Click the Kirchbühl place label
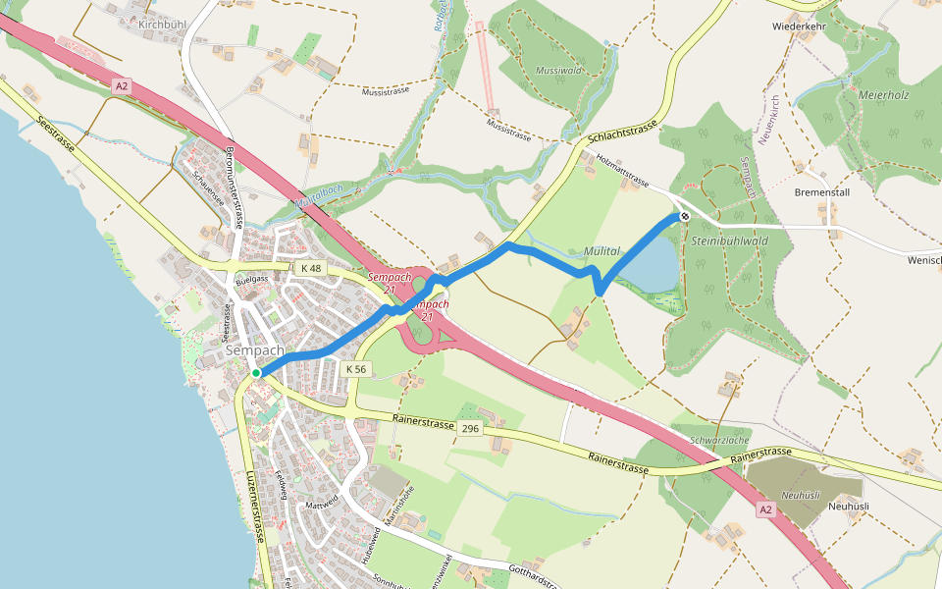(162, 23)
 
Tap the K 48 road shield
(311, 268)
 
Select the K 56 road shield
(356, 369)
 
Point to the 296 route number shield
(471, 429)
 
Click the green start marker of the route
(255, 373)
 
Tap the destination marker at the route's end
(684, 217)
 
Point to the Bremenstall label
(823, 191)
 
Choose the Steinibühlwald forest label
(730, 241)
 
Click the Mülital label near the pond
(602, 251)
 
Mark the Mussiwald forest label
(560, 71)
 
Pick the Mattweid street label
(322, 504)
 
